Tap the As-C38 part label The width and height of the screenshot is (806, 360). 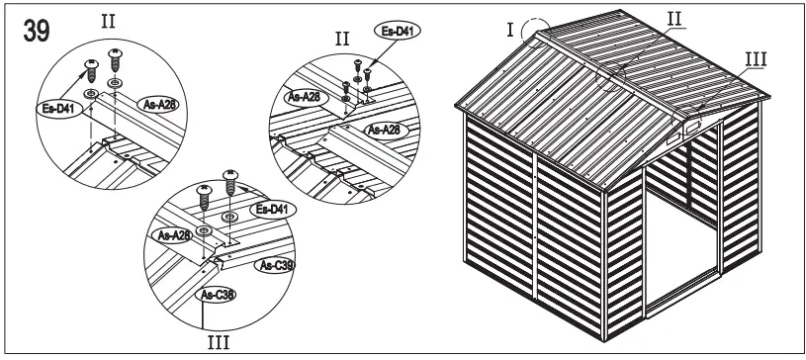click(x=217, y=294)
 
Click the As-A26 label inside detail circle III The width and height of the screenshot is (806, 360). click(x=174, y=235)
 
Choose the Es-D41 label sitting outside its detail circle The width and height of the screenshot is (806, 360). click(x=396, y=31)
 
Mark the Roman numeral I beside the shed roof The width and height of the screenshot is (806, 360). click(x=509, y=29)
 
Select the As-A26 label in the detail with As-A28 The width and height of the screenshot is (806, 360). click(x=388, y=130)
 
